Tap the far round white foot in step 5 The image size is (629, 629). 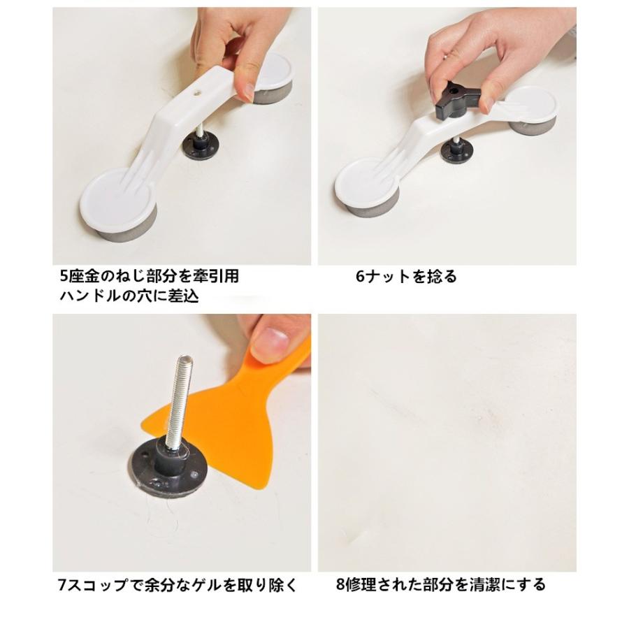point(273,78)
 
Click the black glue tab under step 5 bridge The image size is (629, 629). point(200,147)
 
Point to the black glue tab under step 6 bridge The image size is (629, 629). point(457,152)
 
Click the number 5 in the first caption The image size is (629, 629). point(64,276)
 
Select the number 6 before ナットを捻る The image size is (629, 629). point(360,276)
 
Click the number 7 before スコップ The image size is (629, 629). point(62,585)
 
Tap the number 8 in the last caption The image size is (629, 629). point(340,584)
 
